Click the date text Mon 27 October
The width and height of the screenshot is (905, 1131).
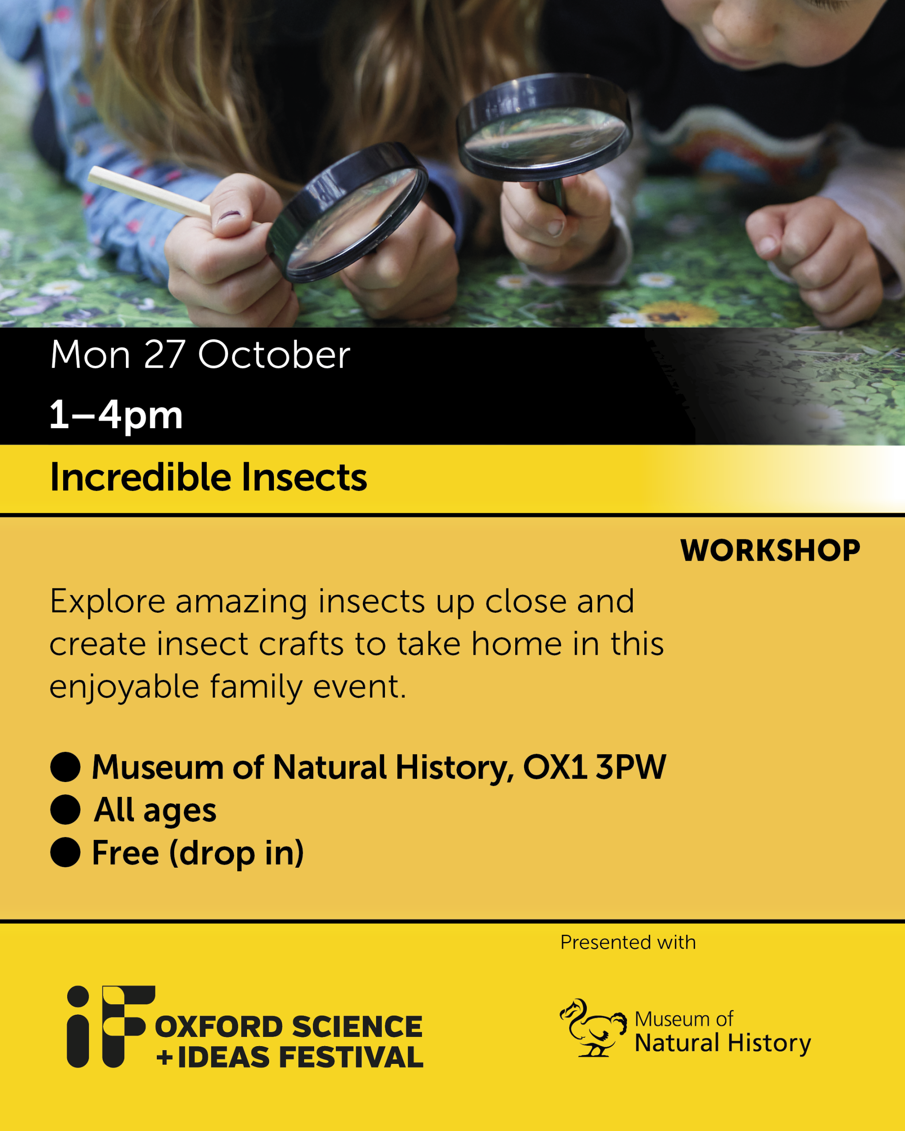pos(200,355)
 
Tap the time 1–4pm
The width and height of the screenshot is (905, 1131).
pos(116,415)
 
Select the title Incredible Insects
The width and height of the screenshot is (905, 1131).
pos(208,478)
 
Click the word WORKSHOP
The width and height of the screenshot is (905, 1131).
pos(770,550)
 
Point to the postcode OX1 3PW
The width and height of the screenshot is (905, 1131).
pos(594,767)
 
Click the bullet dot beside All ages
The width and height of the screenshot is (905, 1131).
pos(65,809)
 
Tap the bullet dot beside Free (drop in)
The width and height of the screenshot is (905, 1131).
pos(65,852)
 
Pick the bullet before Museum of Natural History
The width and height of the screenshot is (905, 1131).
pos(65,767)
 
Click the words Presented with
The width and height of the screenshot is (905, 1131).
pos(628,943)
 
